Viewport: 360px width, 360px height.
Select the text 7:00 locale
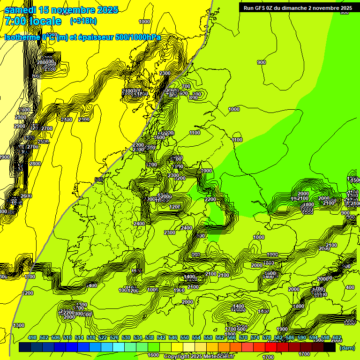pos(33,21)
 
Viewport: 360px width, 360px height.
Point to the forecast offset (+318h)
pos(83,21)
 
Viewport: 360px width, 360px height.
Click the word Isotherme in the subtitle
pos(22,37)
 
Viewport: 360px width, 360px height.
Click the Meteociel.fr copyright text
pos(199,357)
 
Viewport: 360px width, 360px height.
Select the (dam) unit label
pos(347,348)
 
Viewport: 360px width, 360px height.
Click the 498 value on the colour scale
pos(32,338)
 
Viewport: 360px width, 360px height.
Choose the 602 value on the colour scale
pos(337,338)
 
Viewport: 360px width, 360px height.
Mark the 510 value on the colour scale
pos(67,338)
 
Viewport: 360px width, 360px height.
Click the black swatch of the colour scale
pos(330,347)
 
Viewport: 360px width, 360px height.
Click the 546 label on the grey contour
pos(98,180)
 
